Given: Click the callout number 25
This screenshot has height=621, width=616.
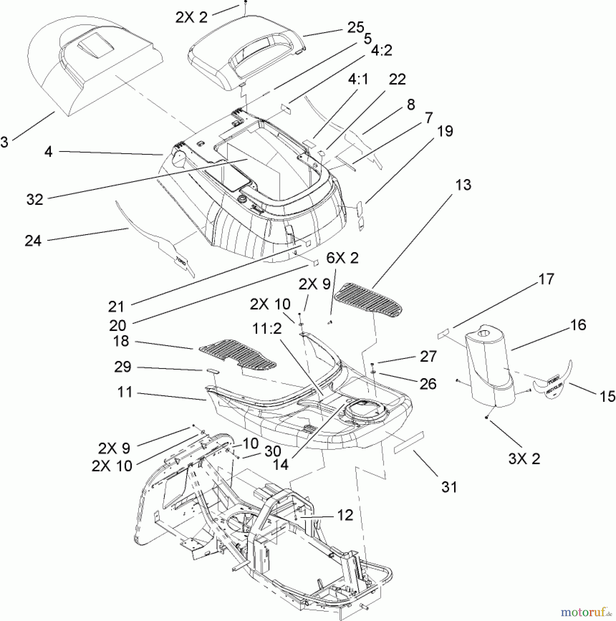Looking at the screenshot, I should tap(355, 27).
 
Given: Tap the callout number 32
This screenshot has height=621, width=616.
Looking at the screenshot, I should tap(35, 199).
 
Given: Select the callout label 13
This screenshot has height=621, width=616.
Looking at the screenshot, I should tap(463, 185).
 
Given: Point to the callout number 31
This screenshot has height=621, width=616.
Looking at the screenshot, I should tap(449, 487).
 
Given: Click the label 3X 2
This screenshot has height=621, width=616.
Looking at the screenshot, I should tap(524, 459).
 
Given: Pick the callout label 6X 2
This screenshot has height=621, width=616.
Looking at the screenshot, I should tap(342, 258).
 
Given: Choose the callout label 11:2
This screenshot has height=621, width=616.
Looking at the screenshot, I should tap(267, 329).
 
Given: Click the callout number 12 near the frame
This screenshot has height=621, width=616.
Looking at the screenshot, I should tap(345, 515).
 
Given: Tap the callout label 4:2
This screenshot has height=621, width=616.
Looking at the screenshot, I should tap(382, 50).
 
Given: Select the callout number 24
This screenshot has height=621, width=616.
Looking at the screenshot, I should tap(33, 240).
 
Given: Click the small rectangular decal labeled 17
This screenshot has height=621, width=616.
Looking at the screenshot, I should tap(443, 334).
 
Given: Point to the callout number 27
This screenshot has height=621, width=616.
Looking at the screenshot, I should tap(428, 356).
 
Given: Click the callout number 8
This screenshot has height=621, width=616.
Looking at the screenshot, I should tap(410, 104).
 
